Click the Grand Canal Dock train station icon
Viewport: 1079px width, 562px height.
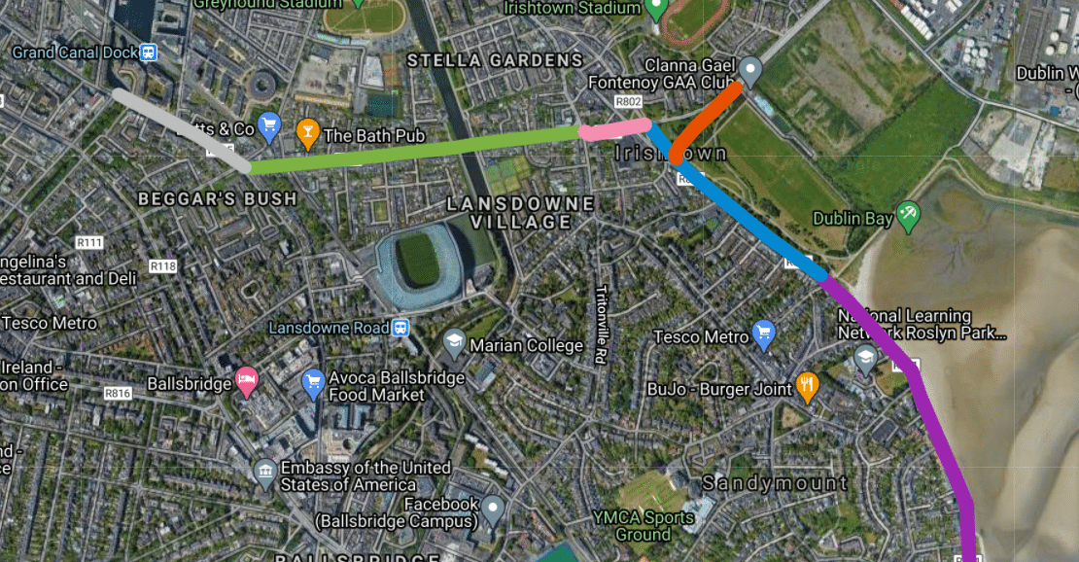(149, 53)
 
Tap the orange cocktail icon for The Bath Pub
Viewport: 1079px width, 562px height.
(307, 132)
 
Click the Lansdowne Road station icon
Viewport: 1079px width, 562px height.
(400, 328)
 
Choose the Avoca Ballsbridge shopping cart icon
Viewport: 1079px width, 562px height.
(313, 382)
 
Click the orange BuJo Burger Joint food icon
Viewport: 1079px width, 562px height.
(807, 387)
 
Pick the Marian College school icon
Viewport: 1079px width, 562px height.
(454, 342)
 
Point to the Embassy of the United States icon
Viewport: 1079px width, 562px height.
(264, 474)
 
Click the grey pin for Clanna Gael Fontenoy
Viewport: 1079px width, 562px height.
(749, 69)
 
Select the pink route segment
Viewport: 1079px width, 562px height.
(614, 128)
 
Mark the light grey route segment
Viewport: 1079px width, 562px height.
(180, 128)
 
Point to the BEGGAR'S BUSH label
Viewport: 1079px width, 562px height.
(217, 198)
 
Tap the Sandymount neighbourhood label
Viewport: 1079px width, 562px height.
(775, 483)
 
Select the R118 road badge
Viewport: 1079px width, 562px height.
(162, 266)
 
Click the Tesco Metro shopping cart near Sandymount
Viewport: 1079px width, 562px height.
(763, 335)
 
